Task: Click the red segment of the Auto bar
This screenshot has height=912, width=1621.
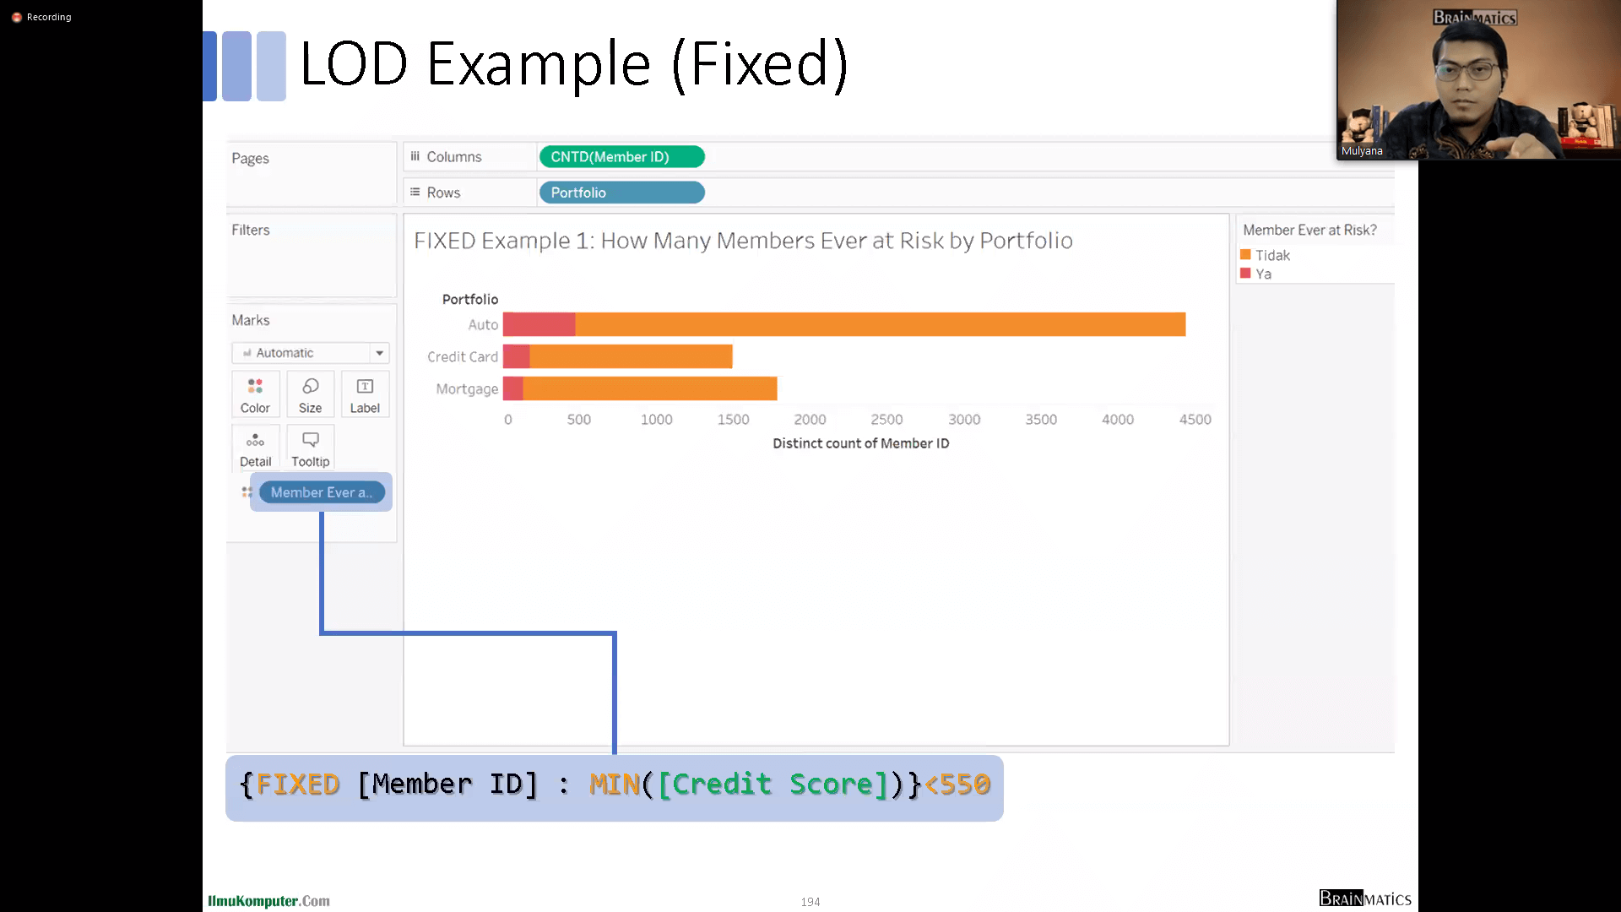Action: pos(539,324)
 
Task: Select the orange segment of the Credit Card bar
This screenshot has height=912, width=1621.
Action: pos(631,356)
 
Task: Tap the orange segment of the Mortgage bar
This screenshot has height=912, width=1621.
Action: pos(649,388)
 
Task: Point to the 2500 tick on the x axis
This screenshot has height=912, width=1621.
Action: pos(886,419)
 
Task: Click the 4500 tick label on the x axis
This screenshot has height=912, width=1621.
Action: pos(1195,419)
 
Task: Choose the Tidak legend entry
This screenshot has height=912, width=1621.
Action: pos(1265,255)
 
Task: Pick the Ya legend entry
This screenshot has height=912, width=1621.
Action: pos(1255,274)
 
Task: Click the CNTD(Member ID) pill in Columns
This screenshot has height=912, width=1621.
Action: pos(621,157)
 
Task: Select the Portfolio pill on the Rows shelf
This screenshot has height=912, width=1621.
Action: pos(621,193)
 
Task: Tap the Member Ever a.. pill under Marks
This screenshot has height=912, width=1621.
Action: pos(322,492)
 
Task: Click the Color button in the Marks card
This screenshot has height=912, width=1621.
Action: pos(255,394)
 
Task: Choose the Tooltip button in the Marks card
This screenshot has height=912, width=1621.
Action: pos(311,448)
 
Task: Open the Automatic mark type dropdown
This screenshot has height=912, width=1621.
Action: pos(311,353)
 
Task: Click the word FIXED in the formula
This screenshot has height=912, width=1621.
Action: pos(297,784)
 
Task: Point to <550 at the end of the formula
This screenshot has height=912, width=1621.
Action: pos(957,784)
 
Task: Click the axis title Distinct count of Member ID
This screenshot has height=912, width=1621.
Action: pos(861,443)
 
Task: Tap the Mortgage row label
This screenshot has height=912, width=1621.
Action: pos(467,389)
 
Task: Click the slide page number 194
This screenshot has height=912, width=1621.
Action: pos(810,902)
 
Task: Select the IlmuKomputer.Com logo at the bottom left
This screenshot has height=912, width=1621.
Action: pos(268,901)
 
